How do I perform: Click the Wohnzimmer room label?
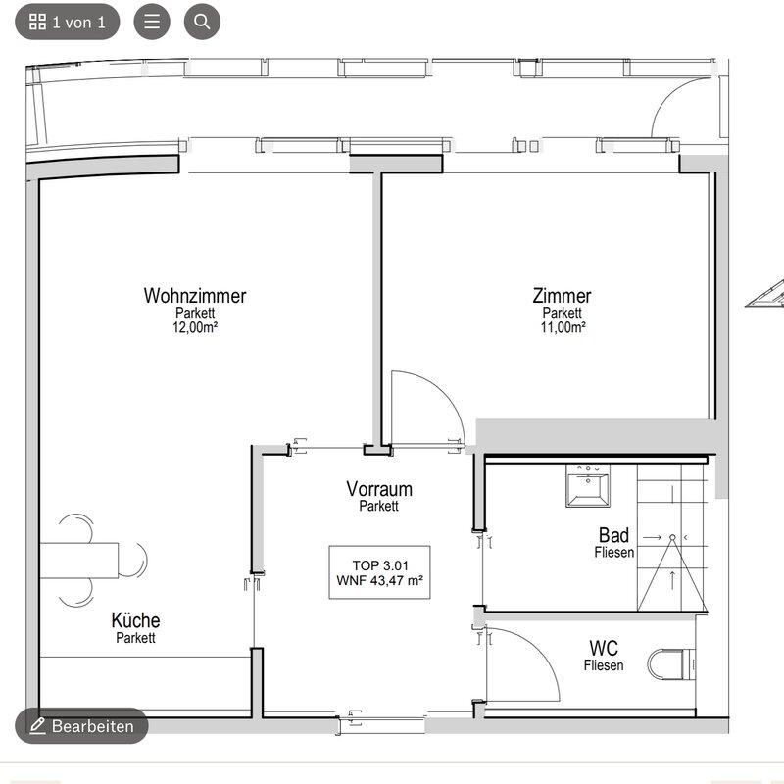[195, 296]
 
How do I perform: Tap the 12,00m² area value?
[195, 327]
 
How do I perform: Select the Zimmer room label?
[562, 296]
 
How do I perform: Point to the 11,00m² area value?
[563, 327]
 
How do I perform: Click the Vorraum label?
[379, 488]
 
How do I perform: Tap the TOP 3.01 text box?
[379, 572]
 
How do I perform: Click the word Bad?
[614, 535]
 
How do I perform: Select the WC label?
[604, 648]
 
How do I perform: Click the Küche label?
[135, 620]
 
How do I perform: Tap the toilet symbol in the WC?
[671, 664]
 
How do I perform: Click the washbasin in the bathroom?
[588, 485]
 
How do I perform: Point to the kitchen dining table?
[79, 561]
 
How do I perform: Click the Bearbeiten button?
[81, 725]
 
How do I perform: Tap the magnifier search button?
[202, 22]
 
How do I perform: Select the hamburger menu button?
[152, 22]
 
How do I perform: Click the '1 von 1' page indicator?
[68, 22]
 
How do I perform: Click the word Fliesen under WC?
[604, 665]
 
